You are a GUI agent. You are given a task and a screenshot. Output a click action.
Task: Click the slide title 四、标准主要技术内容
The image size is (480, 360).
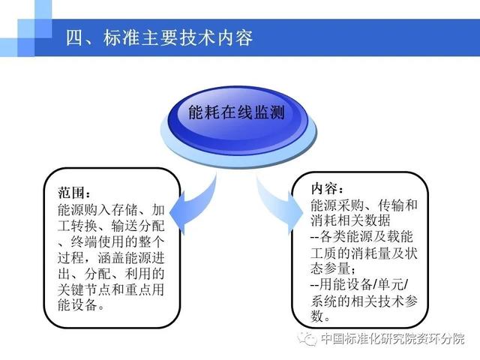159,38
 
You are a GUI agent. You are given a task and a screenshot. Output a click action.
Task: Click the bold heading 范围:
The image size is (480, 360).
74,193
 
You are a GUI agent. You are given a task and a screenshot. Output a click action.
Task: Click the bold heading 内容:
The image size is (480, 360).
327,188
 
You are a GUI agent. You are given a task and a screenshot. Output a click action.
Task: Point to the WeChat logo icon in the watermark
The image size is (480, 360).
307,338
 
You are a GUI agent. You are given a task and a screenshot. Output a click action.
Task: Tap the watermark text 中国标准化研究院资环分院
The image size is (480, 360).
393,338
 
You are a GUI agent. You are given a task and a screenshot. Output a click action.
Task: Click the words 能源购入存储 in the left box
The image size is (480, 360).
97,210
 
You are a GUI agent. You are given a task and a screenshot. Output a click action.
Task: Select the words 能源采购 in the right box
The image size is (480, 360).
337,205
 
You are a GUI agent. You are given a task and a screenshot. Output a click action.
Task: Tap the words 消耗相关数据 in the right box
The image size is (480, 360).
350,220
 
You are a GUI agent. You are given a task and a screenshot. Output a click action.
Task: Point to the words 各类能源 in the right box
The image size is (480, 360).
346,237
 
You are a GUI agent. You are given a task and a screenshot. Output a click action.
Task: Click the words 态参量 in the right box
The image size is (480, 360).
330,268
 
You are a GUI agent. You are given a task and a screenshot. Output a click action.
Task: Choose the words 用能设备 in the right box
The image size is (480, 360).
346,285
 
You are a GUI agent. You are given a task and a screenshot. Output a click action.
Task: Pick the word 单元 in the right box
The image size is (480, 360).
390,285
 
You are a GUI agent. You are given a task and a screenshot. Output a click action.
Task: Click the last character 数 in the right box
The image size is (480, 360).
317,316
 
